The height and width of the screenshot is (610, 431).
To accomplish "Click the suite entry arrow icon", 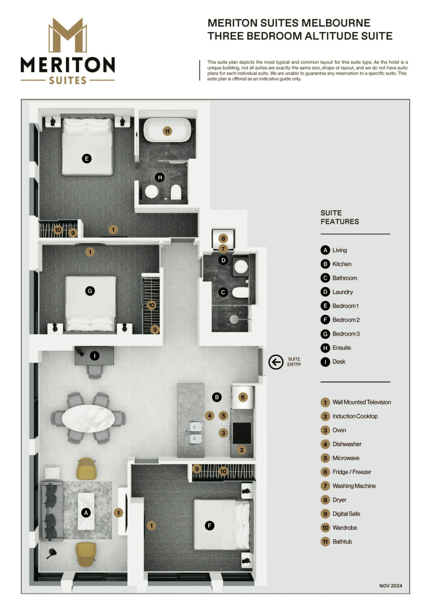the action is [276, 362].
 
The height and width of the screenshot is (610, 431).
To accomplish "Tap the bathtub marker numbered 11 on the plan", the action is [167, 131].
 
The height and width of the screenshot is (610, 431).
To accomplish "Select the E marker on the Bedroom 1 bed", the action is [87, 159].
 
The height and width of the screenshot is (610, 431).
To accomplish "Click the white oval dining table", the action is [88, 418].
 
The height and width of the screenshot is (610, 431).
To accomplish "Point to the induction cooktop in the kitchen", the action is [242, 433].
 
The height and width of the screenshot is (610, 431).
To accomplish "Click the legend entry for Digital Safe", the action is [340, 514].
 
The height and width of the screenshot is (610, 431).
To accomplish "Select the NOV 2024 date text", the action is [390, 586].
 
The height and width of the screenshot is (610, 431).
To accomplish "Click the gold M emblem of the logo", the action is [68, 35].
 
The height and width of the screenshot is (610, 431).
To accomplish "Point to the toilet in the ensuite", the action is [176, 192].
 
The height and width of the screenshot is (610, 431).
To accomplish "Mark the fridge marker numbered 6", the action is [243, 397].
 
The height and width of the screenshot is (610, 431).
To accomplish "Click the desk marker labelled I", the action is [94, 356].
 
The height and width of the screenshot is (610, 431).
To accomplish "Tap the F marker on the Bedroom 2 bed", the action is [209, 526].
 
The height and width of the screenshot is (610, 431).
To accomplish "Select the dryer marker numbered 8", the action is [223, 238].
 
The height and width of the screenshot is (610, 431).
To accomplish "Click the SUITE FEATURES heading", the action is [340, 217].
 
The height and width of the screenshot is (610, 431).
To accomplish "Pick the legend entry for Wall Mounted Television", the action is [356, 402].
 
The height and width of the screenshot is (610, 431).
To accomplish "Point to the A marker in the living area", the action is [86, 513].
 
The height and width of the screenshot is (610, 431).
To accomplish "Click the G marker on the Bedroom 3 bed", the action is [90, 291].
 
